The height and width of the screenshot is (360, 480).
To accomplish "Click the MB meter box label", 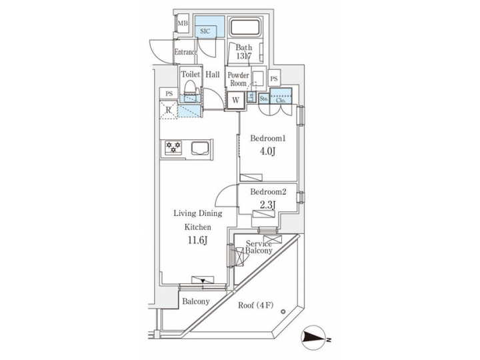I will coord(183,25).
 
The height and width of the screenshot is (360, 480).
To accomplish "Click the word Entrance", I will coord(186,52).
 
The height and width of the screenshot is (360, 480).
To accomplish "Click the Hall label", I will coord(213,75).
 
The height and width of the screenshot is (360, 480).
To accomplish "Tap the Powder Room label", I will coord(239,80).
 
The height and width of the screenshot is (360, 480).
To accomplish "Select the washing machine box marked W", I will coord(235,101).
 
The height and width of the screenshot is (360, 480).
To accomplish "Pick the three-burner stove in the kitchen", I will coord(175,147).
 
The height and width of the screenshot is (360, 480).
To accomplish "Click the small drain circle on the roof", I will coord(283,310).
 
